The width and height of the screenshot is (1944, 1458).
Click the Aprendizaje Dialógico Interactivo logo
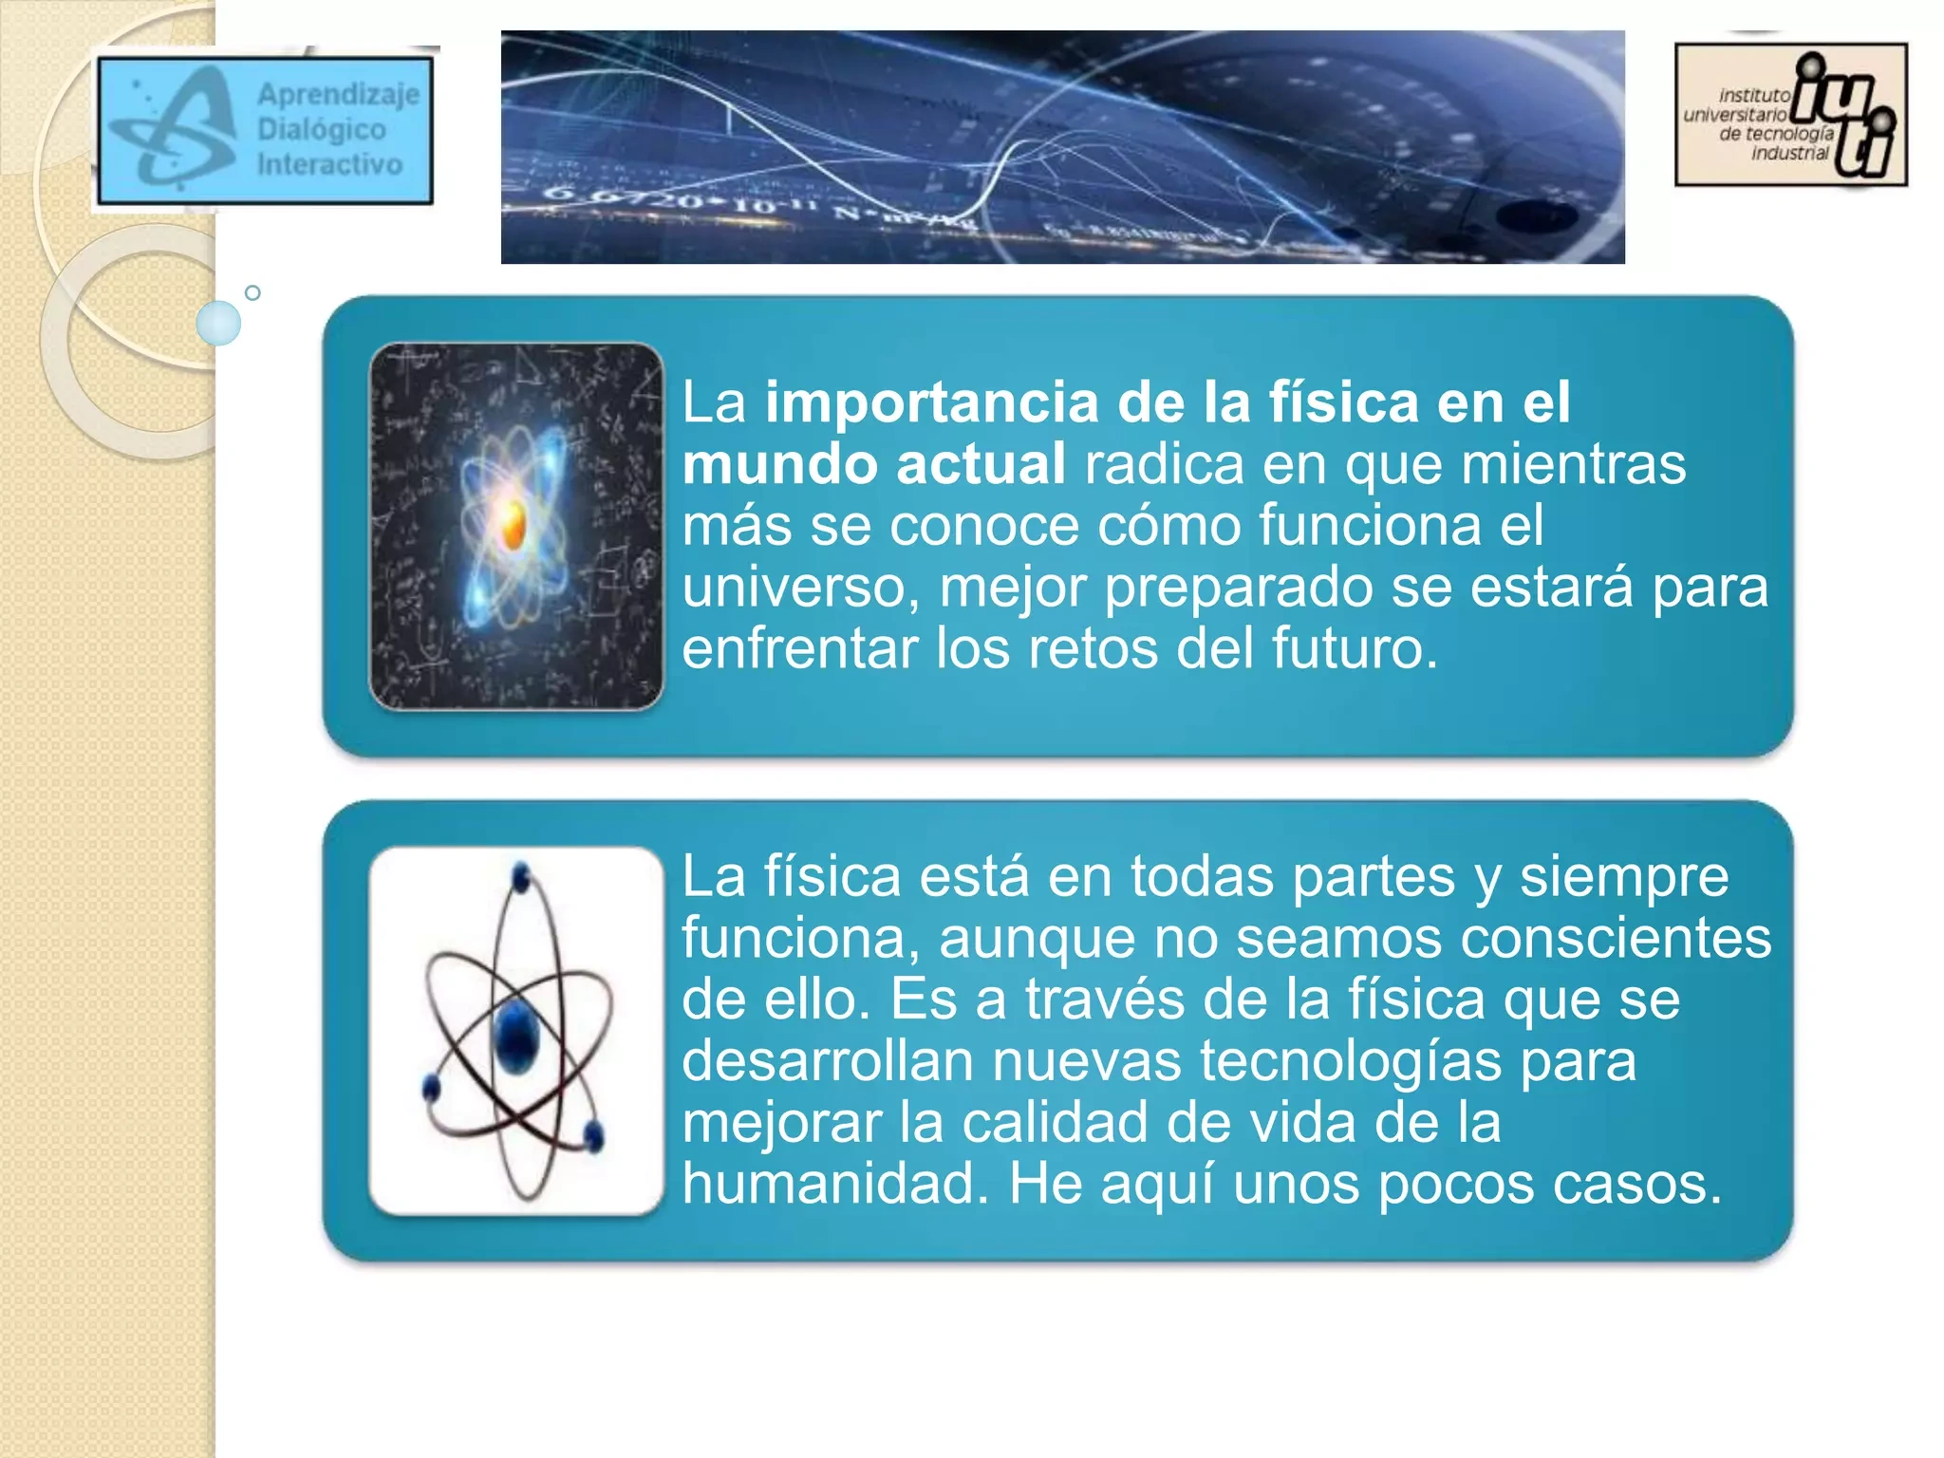265,130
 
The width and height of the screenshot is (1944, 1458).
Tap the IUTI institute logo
1790,114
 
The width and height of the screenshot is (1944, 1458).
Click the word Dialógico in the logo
321,129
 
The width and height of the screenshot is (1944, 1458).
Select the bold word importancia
931,402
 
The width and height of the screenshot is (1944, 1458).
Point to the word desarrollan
827,1060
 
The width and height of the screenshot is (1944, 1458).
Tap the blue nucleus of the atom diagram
516,1037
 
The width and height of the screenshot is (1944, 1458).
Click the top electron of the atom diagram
520,876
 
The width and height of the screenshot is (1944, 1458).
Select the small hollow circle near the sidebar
252,292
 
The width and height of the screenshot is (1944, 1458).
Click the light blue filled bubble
218,323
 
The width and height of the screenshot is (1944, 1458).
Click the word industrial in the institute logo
1789,154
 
